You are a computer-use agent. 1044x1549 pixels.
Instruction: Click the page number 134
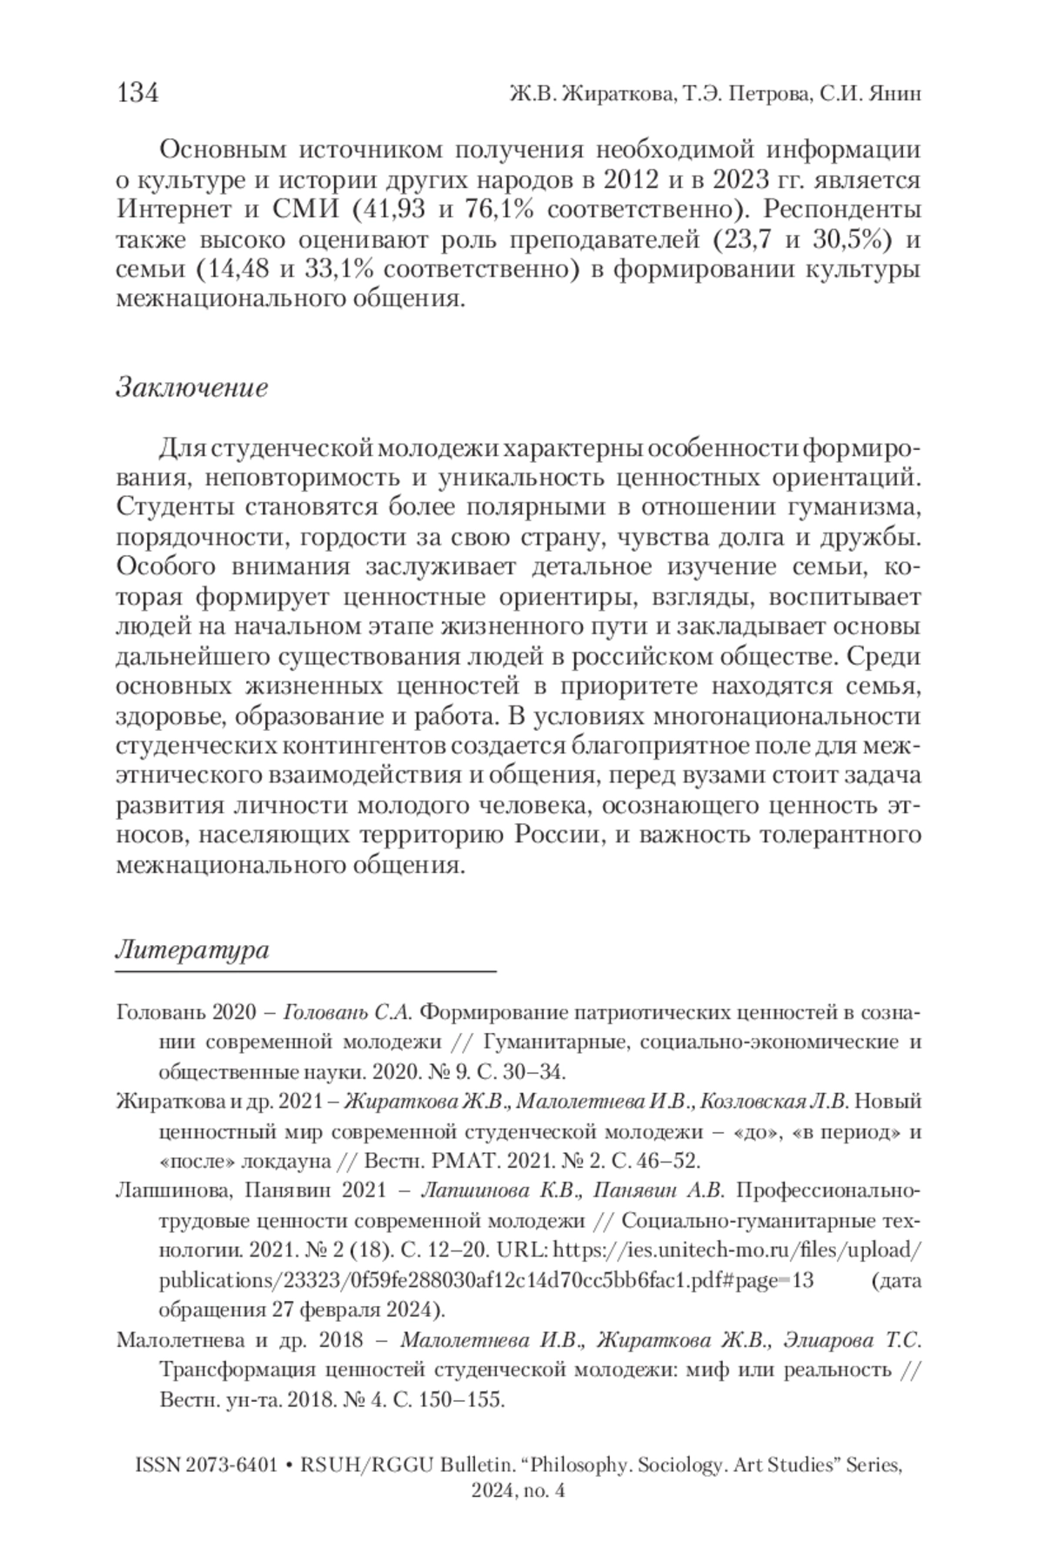(x=137, y=93)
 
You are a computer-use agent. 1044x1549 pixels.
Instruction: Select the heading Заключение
(x=191, y=387)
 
